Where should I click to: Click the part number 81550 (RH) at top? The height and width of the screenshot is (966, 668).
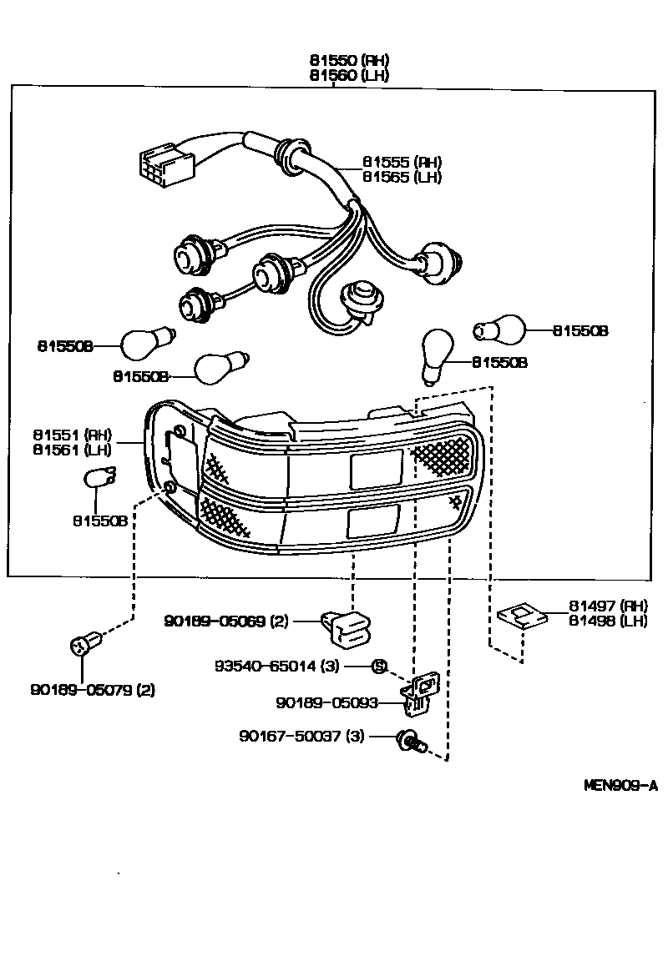pyautogui.click(x=348, y=61)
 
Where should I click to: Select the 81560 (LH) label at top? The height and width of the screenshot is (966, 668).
pyautogui.click(x=348, y=75)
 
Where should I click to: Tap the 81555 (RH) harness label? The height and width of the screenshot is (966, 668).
pyautogui.click(x=402, y=162)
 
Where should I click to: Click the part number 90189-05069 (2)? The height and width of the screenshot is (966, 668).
pyautogui.click(x=226, y=621)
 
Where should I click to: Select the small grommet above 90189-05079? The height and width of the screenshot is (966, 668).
pyautogui.click(x=83, y=646)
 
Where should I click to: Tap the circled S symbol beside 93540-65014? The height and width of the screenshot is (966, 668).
pyautogui.click(x=378, y=666)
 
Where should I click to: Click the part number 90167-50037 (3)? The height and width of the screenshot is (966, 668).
pyautogui.click(x=301, y=736)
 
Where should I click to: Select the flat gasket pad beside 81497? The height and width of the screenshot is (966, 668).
pyautogui.click(x=521, y=616)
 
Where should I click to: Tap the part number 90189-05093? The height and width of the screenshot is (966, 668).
pyautogui.click(x=326, y=702)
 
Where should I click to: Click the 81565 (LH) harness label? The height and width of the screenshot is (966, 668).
pyautogui.click(x=402, y=177)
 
